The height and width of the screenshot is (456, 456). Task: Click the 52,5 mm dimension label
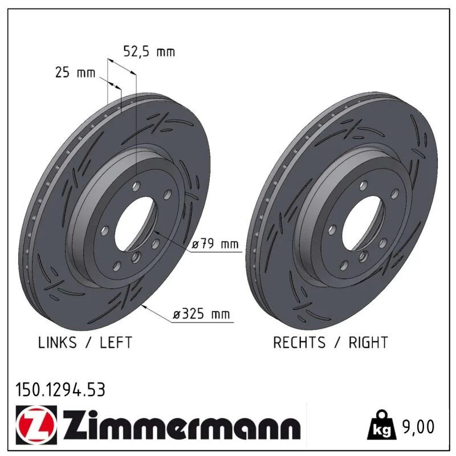[149, 52]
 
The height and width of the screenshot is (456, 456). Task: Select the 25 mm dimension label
[75, 72]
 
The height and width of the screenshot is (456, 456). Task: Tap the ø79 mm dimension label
[215, 244]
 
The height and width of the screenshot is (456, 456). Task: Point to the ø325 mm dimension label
[201, 314]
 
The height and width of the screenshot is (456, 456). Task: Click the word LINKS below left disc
[58, 343]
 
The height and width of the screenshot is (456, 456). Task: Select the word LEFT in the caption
[116, 343]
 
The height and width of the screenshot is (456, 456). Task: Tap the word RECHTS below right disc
[299, 343]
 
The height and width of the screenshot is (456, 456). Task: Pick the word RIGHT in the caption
[368, 343]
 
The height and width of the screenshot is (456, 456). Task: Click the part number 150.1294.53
[60, 390]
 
